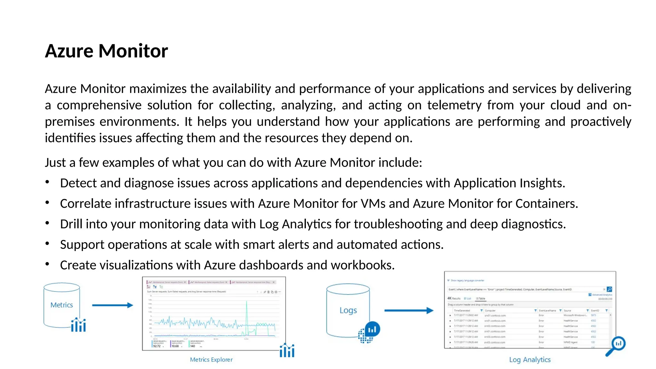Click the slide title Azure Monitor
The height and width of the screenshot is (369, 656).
[106, 51]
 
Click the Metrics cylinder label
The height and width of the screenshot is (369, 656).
[61, 305]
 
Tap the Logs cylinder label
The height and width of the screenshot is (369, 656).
[348, 310]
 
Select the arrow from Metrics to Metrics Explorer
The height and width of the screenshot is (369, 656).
[112, 305]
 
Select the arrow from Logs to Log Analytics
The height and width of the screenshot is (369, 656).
[409, 310]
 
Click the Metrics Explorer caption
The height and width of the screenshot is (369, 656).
[211, 360]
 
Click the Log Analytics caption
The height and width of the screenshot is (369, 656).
[530, 360]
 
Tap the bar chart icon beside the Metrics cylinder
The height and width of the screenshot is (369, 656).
[78, 325]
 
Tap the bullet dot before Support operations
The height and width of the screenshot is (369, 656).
[47, 243]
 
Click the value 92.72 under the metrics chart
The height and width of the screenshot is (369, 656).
[157, 346]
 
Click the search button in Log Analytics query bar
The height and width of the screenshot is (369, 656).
[609, 289]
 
